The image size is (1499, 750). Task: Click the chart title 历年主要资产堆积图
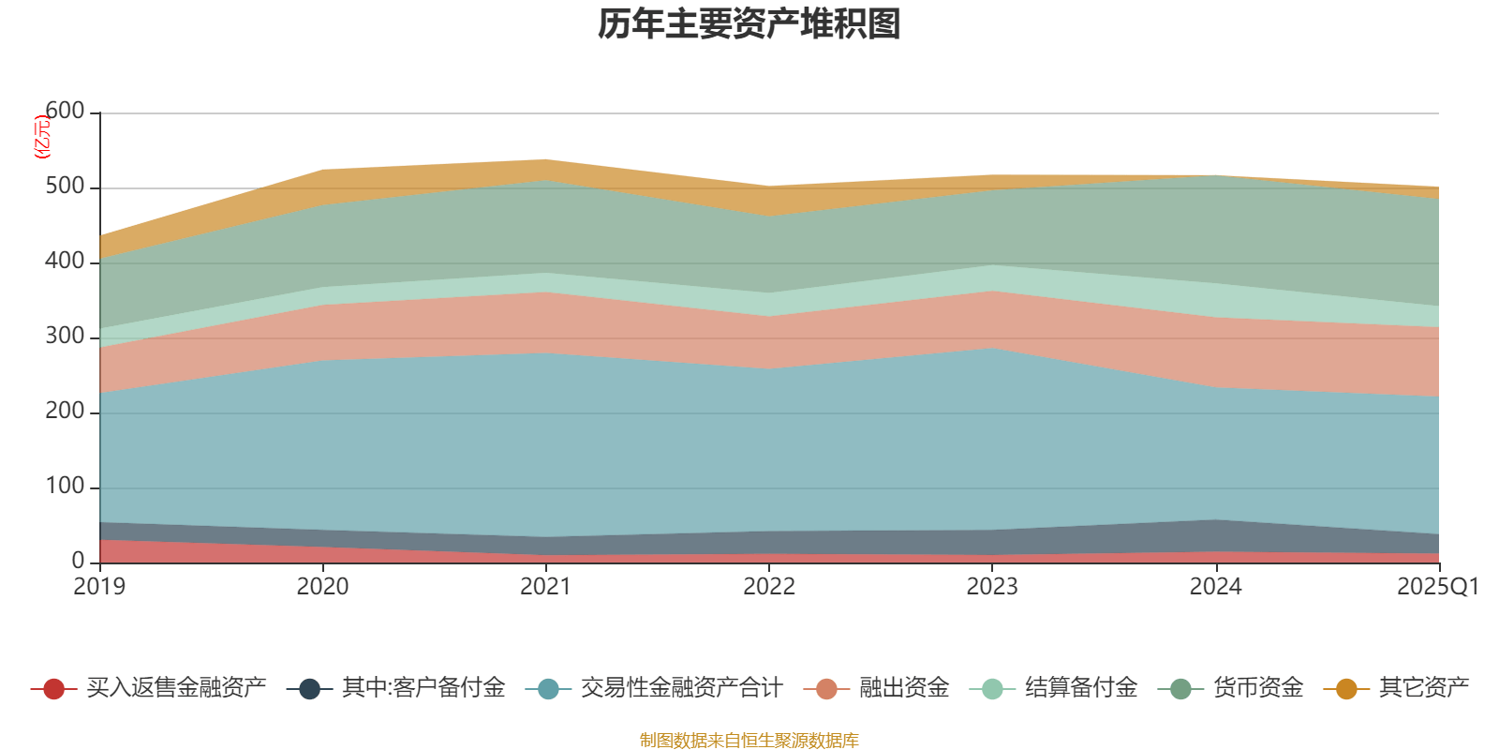tap(749, 24)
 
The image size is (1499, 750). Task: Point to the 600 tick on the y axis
tap(65, 112)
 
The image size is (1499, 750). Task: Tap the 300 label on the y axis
tap(65, 337)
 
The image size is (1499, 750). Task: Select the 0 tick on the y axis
tap(78, 561)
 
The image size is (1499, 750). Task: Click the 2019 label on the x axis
tap(99, 587)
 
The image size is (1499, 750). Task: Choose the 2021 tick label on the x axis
tap(545, 587)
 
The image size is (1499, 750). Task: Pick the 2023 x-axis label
tap(992, 587)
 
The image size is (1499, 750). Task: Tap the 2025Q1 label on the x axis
tap(1437, 587)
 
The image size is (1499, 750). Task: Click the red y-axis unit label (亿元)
tap(42, 137)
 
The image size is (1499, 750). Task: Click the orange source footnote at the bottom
tap(749, 741)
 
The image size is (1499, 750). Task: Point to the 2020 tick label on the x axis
tap(322, 587)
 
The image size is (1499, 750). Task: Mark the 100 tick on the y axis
tap(65, 487)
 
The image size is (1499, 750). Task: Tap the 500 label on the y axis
tap(65, 187)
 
